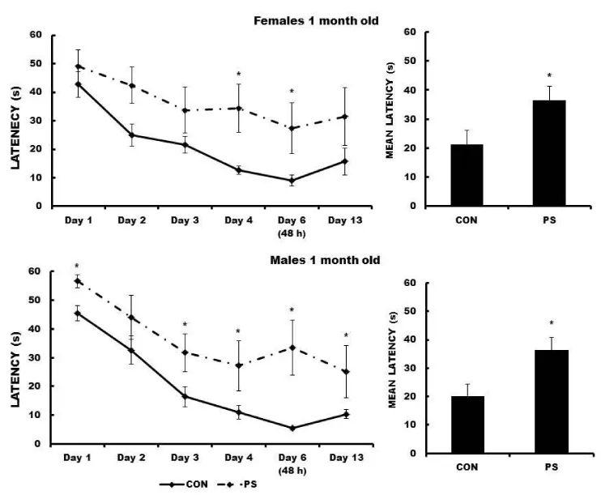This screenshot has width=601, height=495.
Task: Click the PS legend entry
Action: (x=254, y=484)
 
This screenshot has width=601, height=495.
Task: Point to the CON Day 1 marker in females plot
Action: (x=78, y=83)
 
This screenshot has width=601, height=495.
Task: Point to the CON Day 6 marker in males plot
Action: (x=292, y=428)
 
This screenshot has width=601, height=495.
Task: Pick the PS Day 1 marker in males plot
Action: (x=78, y=281)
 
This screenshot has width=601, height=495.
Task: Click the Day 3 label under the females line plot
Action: (x=185, y=219)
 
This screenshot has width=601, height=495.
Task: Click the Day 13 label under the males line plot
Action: (x=344, y=457)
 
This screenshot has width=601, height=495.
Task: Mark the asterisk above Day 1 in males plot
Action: (x=77, y=267)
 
